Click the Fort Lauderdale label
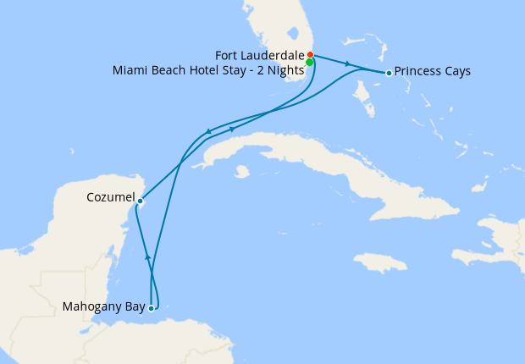point(262,56)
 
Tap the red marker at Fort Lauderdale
point(311,55)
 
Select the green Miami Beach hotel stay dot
point(310,63)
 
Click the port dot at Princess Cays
point(389,73)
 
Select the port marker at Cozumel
point(141,201)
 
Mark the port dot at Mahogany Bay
point(152,308)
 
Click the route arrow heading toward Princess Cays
point(347,63)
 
